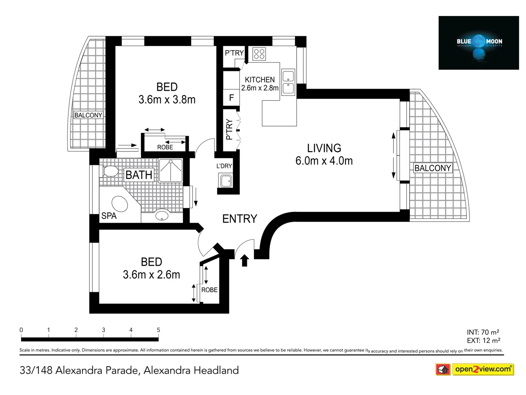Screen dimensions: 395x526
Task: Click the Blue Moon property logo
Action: [479, 43]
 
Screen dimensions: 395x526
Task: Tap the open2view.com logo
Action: [474, 369]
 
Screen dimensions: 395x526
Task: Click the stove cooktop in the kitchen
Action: [259, 54]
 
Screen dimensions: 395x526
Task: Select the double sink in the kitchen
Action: [288, 82]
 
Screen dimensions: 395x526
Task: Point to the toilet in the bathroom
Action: [110, 171]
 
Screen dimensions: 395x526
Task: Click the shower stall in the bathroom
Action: [171, 170]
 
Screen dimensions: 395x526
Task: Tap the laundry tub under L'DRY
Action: [225, 181]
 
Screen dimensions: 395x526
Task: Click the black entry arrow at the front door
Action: [244, 260]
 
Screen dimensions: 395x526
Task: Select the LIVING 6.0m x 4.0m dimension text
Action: [324, 161]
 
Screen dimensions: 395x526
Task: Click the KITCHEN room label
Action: [260, 80]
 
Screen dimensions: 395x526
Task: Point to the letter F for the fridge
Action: [231, 98]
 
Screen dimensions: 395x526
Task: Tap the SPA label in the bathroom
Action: [109, 216]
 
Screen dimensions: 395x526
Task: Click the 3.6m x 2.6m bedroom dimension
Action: [151, 275]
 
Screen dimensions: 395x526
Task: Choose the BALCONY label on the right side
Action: [432, 168]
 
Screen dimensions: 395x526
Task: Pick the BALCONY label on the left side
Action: [88, 115]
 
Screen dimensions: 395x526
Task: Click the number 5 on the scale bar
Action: [158, 330]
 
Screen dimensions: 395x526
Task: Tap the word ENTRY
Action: [240, 219]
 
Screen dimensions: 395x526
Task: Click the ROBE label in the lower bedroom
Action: [209, 290]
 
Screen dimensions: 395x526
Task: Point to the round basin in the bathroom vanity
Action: [162, 215]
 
